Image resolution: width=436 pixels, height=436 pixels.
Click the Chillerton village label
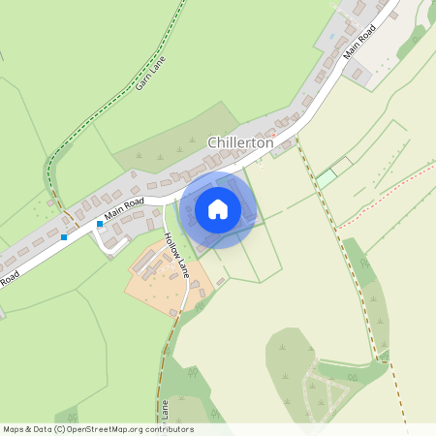pyautogui.click(x=240, y=142)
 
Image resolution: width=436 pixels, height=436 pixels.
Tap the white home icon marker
pyautogui.click(x=218, y=208)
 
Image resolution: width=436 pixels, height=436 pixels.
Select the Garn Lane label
pyautogui.click(x=151, y=73)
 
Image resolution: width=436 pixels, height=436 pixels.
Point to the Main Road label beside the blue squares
pyautogui.click(x=124, y=205)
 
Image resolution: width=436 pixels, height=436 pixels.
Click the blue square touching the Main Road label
pyautogui.click(x=99, y=223)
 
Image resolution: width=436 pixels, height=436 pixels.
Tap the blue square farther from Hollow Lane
pyautogui.click(x=64, y=236)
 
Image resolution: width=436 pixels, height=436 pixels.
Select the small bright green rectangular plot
pyautogui.click(x=327, y=177)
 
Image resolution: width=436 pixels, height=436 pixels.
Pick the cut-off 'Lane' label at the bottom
pyautogui.click(x=164, y=407)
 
